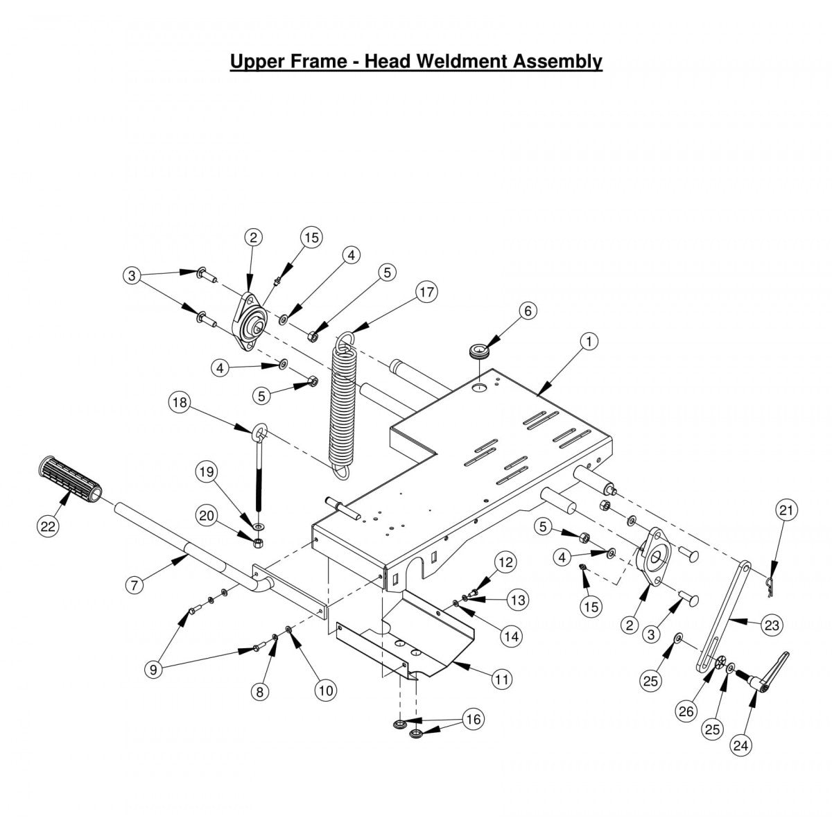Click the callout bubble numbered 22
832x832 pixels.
(46, 526)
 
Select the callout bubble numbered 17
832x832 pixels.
(427, 292)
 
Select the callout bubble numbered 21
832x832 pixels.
(786, 511)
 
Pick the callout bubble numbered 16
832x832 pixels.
(474, 720)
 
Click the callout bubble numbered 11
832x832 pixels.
(502, 679)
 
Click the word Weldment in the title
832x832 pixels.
(463, 61)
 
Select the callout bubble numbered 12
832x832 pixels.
(506, 562)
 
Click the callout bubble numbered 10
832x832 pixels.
(325, 690)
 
